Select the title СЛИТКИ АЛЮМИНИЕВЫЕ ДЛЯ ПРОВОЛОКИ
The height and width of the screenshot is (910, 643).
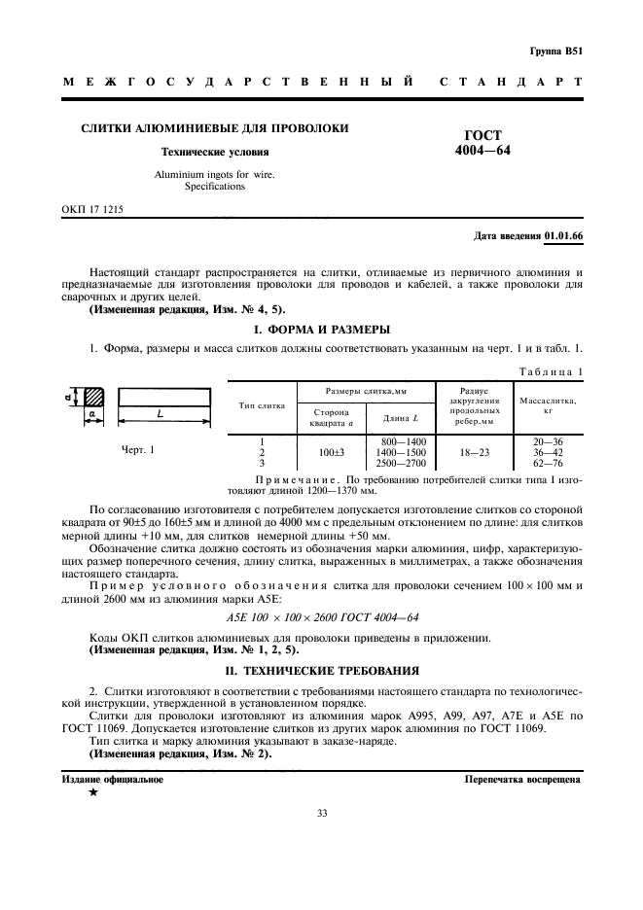pos(214,128)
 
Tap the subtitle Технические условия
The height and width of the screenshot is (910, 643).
pos(215,153)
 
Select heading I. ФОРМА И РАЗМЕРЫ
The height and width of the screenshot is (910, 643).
pos(322,329)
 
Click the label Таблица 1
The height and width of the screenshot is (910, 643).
pos(551,370)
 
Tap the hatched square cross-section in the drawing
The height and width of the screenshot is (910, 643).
pos(93,397)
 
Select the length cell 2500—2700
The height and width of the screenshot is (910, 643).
pos(400,465)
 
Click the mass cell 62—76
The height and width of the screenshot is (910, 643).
pos(549,465)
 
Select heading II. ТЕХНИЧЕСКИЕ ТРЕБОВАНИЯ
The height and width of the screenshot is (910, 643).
pos(322,670)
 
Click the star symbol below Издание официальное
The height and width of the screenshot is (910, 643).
pos(93,794)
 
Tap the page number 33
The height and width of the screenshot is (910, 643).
pos(322,841)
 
